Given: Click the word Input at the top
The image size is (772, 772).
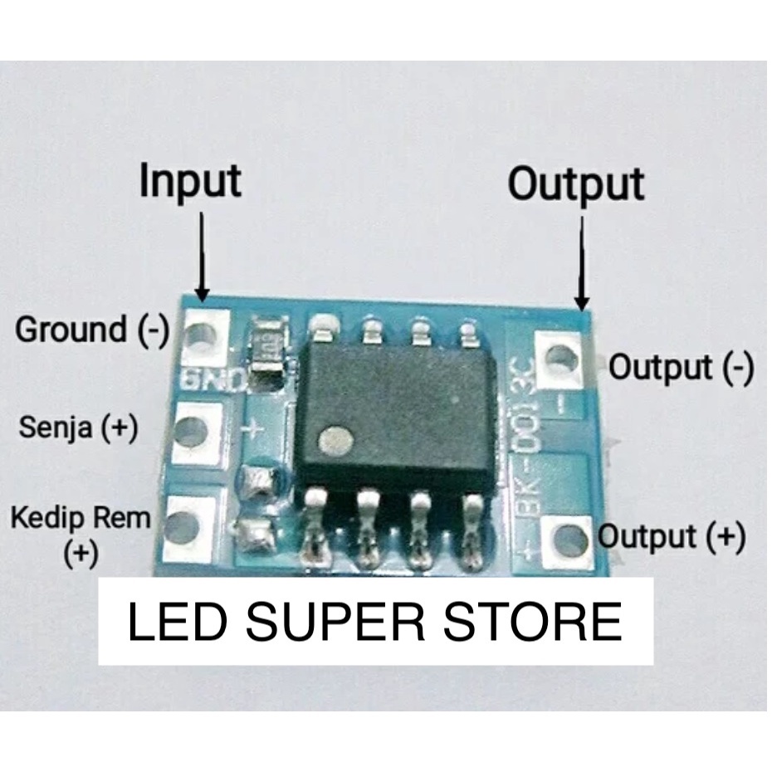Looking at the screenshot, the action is [190, 181].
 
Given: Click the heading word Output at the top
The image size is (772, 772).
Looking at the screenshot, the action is [576, 184].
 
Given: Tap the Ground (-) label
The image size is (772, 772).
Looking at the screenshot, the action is [92, 329].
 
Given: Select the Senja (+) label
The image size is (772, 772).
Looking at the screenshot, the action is [78, 427].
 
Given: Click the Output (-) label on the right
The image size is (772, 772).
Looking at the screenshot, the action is [681, 367].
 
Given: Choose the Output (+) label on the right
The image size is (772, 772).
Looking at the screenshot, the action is [672, 536].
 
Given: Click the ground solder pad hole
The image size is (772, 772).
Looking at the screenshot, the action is [202, 337].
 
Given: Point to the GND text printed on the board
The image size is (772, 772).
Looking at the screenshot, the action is [213, 379].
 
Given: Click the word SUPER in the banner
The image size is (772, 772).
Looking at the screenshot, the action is [335, 622].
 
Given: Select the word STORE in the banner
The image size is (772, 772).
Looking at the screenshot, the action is [533, 622].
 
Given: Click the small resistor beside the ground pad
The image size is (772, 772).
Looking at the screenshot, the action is [268, 349].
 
